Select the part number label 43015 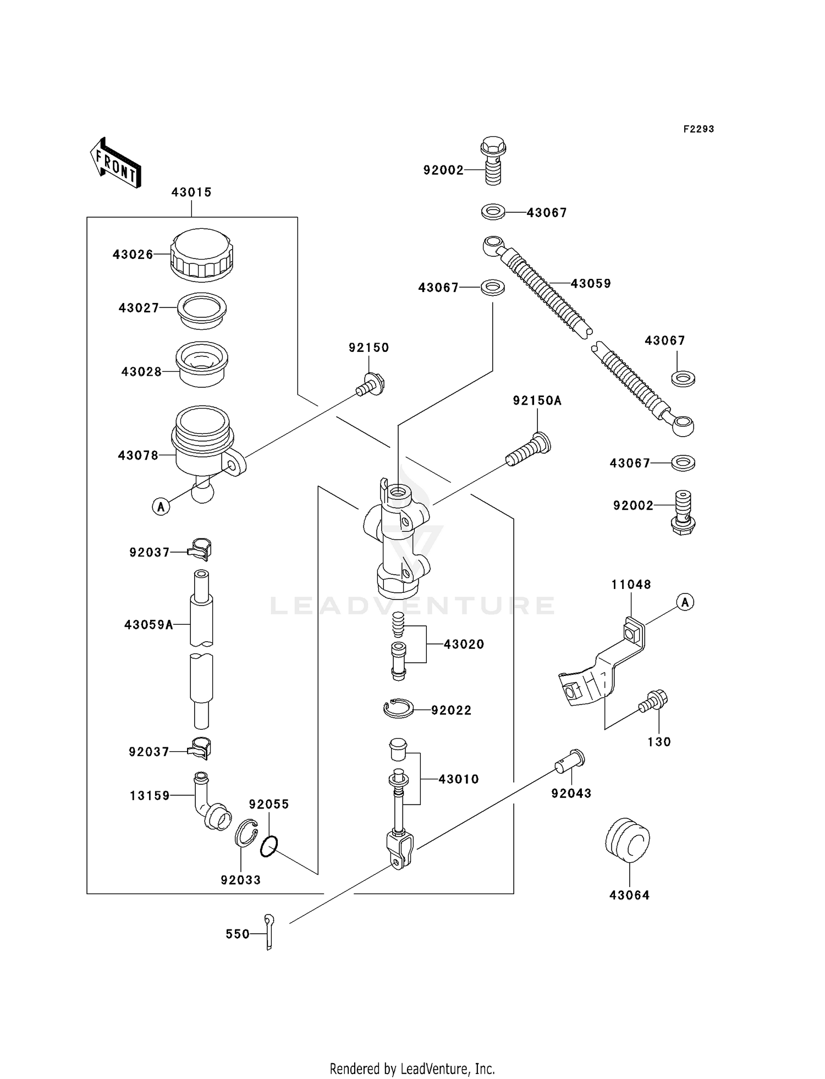[191, 192]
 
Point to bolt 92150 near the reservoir [371, 385]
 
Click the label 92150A [537, 401]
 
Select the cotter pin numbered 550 [268, 932]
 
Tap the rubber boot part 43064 [628, 842]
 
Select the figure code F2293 [698, 129]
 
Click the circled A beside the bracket [685, 602]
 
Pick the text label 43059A [148, 625]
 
